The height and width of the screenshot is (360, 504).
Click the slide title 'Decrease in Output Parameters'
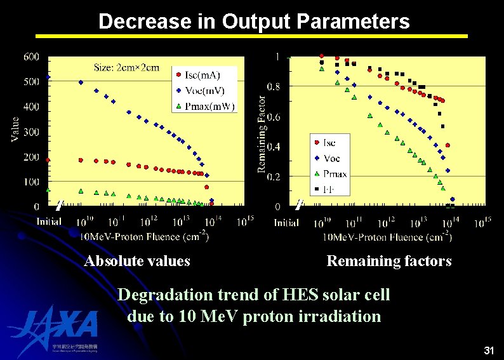[254, 22]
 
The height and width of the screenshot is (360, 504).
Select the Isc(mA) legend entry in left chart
[201, 76]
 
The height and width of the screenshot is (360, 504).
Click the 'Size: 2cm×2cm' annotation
[126, 67]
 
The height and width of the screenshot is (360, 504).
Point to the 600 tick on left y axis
[31, 57]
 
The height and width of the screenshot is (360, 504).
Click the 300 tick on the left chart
[31, 132]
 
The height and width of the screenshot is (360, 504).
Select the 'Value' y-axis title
[15, 130]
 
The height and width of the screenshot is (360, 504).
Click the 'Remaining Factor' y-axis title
[262, 134]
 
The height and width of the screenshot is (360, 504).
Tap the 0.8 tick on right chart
[273, 86]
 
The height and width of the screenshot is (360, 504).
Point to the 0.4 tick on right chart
[273, 147]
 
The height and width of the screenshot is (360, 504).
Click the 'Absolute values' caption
[137, 261]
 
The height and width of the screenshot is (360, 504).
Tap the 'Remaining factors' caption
[388, 261]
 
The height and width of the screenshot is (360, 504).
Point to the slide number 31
[489, 350]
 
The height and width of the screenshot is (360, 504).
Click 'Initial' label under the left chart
[49, 222]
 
